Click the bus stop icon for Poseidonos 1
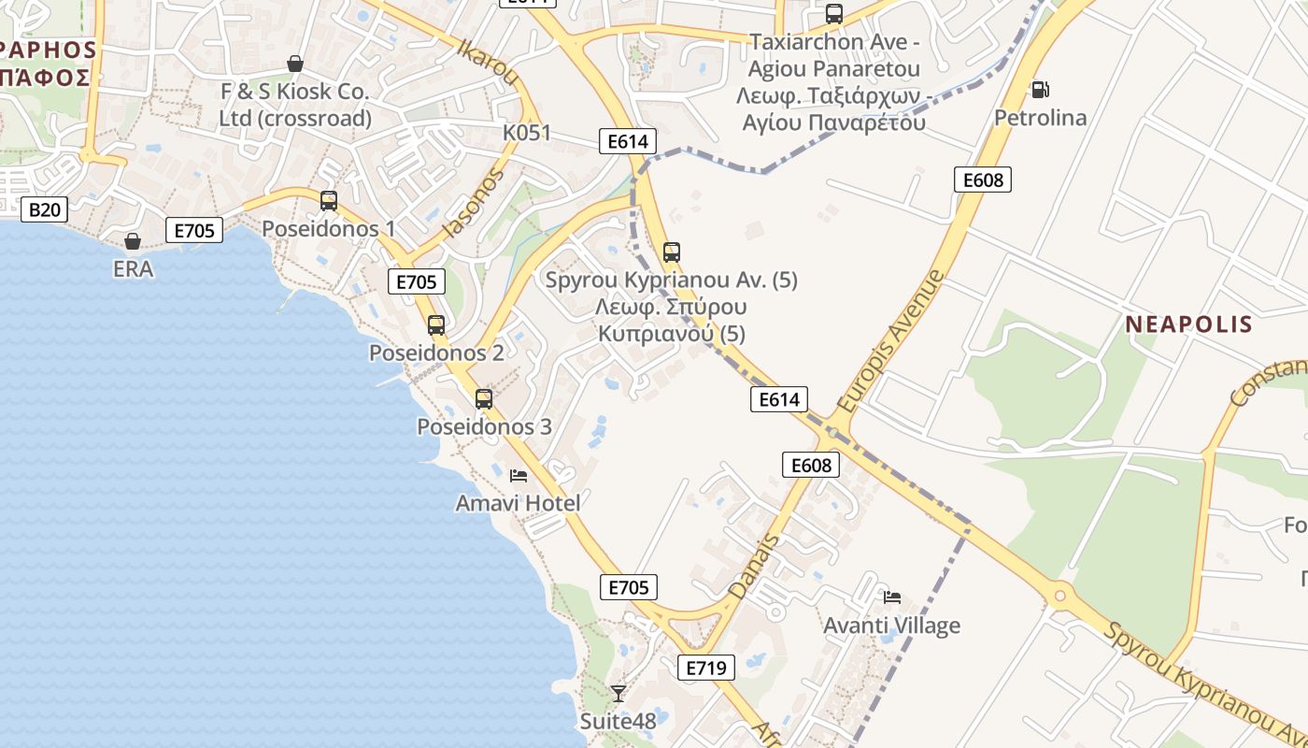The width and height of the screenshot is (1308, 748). coord(329,200)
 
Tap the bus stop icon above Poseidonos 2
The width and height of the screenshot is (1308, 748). coord(436,325)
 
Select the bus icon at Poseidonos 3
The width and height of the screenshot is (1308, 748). coord(484,399)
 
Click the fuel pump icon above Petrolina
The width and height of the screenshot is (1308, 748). coord(1040,90)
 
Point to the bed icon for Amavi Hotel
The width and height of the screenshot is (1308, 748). coord(519,475)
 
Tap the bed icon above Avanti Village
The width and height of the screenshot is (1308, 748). coord(892,597)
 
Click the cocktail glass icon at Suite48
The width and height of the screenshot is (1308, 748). coord(618,693)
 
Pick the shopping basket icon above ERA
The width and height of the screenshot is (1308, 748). coord(133,241)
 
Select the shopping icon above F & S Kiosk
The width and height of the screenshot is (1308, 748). coord(295,64)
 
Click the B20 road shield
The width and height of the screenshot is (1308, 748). coord(44,209)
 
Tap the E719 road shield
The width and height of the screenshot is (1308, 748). coord(705,668)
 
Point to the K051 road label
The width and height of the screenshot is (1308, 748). coord(527,133)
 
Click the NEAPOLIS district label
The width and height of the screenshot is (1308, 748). coord(1188,324)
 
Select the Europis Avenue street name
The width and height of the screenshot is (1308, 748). coord(891,342)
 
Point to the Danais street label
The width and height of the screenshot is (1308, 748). coord(754,567)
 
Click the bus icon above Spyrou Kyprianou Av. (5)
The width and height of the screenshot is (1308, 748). coord(672,252)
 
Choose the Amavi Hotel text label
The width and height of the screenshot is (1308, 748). coord(518,503)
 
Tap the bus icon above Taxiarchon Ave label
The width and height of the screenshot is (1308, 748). coord(834,14)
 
